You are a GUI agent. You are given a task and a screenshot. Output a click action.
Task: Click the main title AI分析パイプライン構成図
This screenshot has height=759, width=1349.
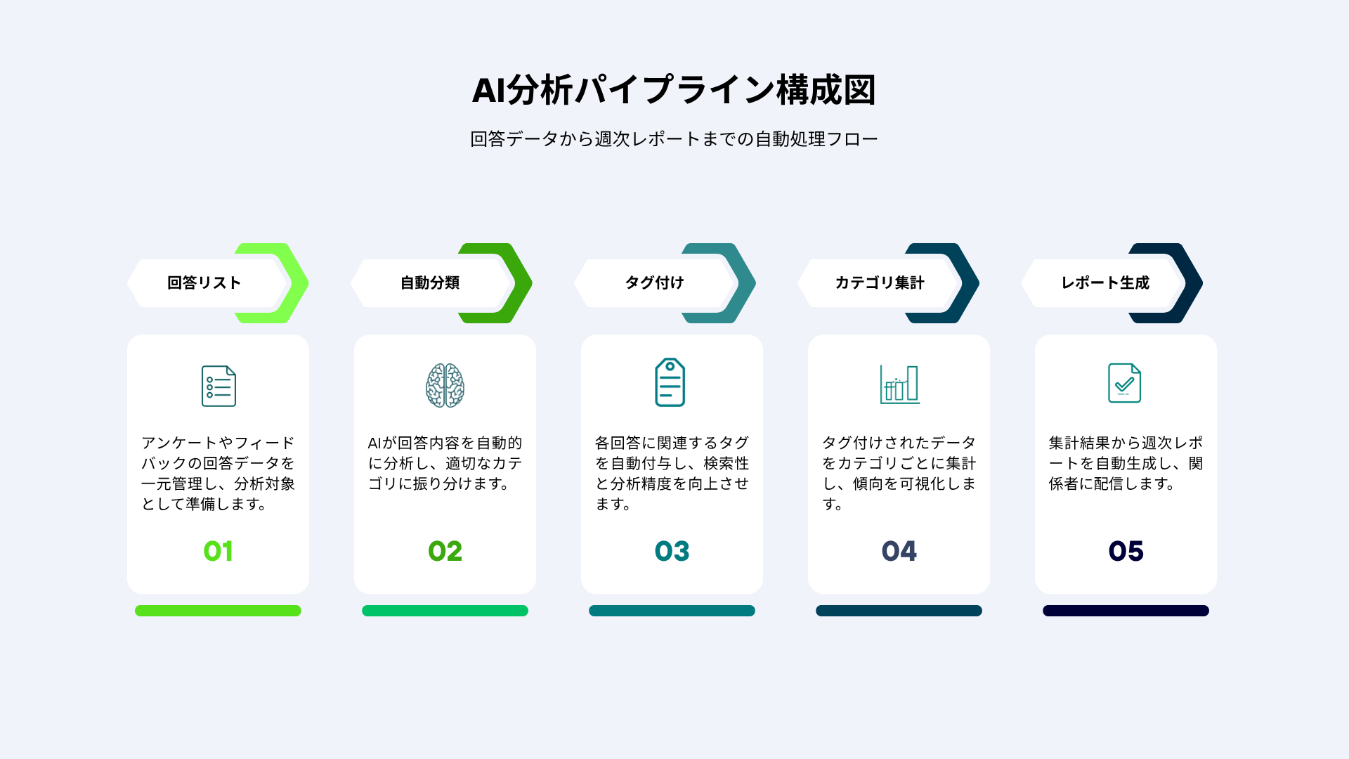[x=674, y=90]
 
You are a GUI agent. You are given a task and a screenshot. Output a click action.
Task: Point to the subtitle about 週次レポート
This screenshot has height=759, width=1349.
[x=674, y=139]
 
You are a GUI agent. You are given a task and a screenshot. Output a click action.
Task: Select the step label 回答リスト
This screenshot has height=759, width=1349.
[x=204, y=283]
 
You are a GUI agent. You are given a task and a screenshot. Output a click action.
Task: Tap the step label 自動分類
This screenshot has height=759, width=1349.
[x=430, y=283]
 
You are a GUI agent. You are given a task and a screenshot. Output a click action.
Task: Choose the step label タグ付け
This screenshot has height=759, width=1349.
[x=655, y=283]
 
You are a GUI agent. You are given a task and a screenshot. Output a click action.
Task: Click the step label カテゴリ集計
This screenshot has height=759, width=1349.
[x=880, y=283]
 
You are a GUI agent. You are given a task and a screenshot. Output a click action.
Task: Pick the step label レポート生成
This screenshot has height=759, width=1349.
[x=1105, y=283]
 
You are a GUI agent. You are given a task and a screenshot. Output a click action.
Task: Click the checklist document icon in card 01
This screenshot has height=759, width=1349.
[x=219, y=386]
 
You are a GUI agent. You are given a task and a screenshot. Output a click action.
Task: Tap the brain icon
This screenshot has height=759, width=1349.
[x=445, y=385]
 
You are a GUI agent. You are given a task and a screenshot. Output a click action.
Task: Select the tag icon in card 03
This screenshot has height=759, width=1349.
[x=670, y=382]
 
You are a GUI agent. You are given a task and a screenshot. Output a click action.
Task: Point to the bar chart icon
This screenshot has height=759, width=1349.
[x=899, y=384]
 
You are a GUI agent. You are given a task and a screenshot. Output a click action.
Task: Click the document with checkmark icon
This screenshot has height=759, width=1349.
[x=1124, y=383]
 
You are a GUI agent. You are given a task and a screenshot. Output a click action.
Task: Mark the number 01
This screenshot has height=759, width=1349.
[x=218, y=551]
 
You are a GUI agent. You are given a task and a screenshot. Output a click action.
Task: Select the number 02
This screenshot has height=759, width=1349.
[x=445, y=551]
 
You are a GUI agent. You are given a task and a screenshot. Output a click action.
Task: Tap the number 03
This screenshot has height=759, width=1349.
[x=672, y=551]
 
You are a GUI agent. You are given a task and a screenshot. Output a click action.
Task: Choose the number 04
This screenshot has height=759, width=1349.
[x=899, y=551]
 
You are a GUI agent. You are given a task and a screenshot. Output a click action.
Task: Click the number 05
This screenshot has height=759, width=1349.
[x=1126, y=551]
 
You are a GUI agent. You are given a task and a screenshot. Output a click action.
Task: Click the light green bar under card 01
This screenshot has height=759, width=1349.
[x=218, y=611]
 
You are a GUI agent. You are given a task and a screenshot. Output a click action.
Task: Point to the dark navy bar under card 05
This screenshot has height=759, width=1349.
[x=1126, y=611]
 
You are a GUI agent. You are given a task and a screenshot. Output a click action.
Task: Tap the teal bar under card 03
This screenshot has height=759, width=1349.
[x=672, y=611]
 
